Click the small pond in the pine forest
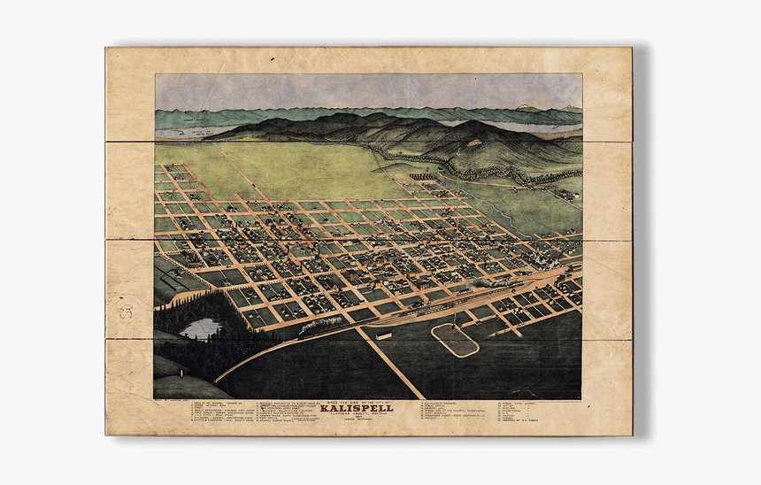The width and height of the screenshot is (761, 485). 201,329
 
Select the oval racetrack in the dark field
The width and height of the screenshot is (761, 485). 455,340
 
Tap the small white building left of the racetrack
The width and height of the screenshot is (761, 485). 384,336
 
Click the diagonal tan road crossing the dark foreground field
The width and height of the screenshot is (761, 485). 389,363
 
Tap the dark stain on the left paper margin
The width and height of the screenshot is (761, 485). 126,312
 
